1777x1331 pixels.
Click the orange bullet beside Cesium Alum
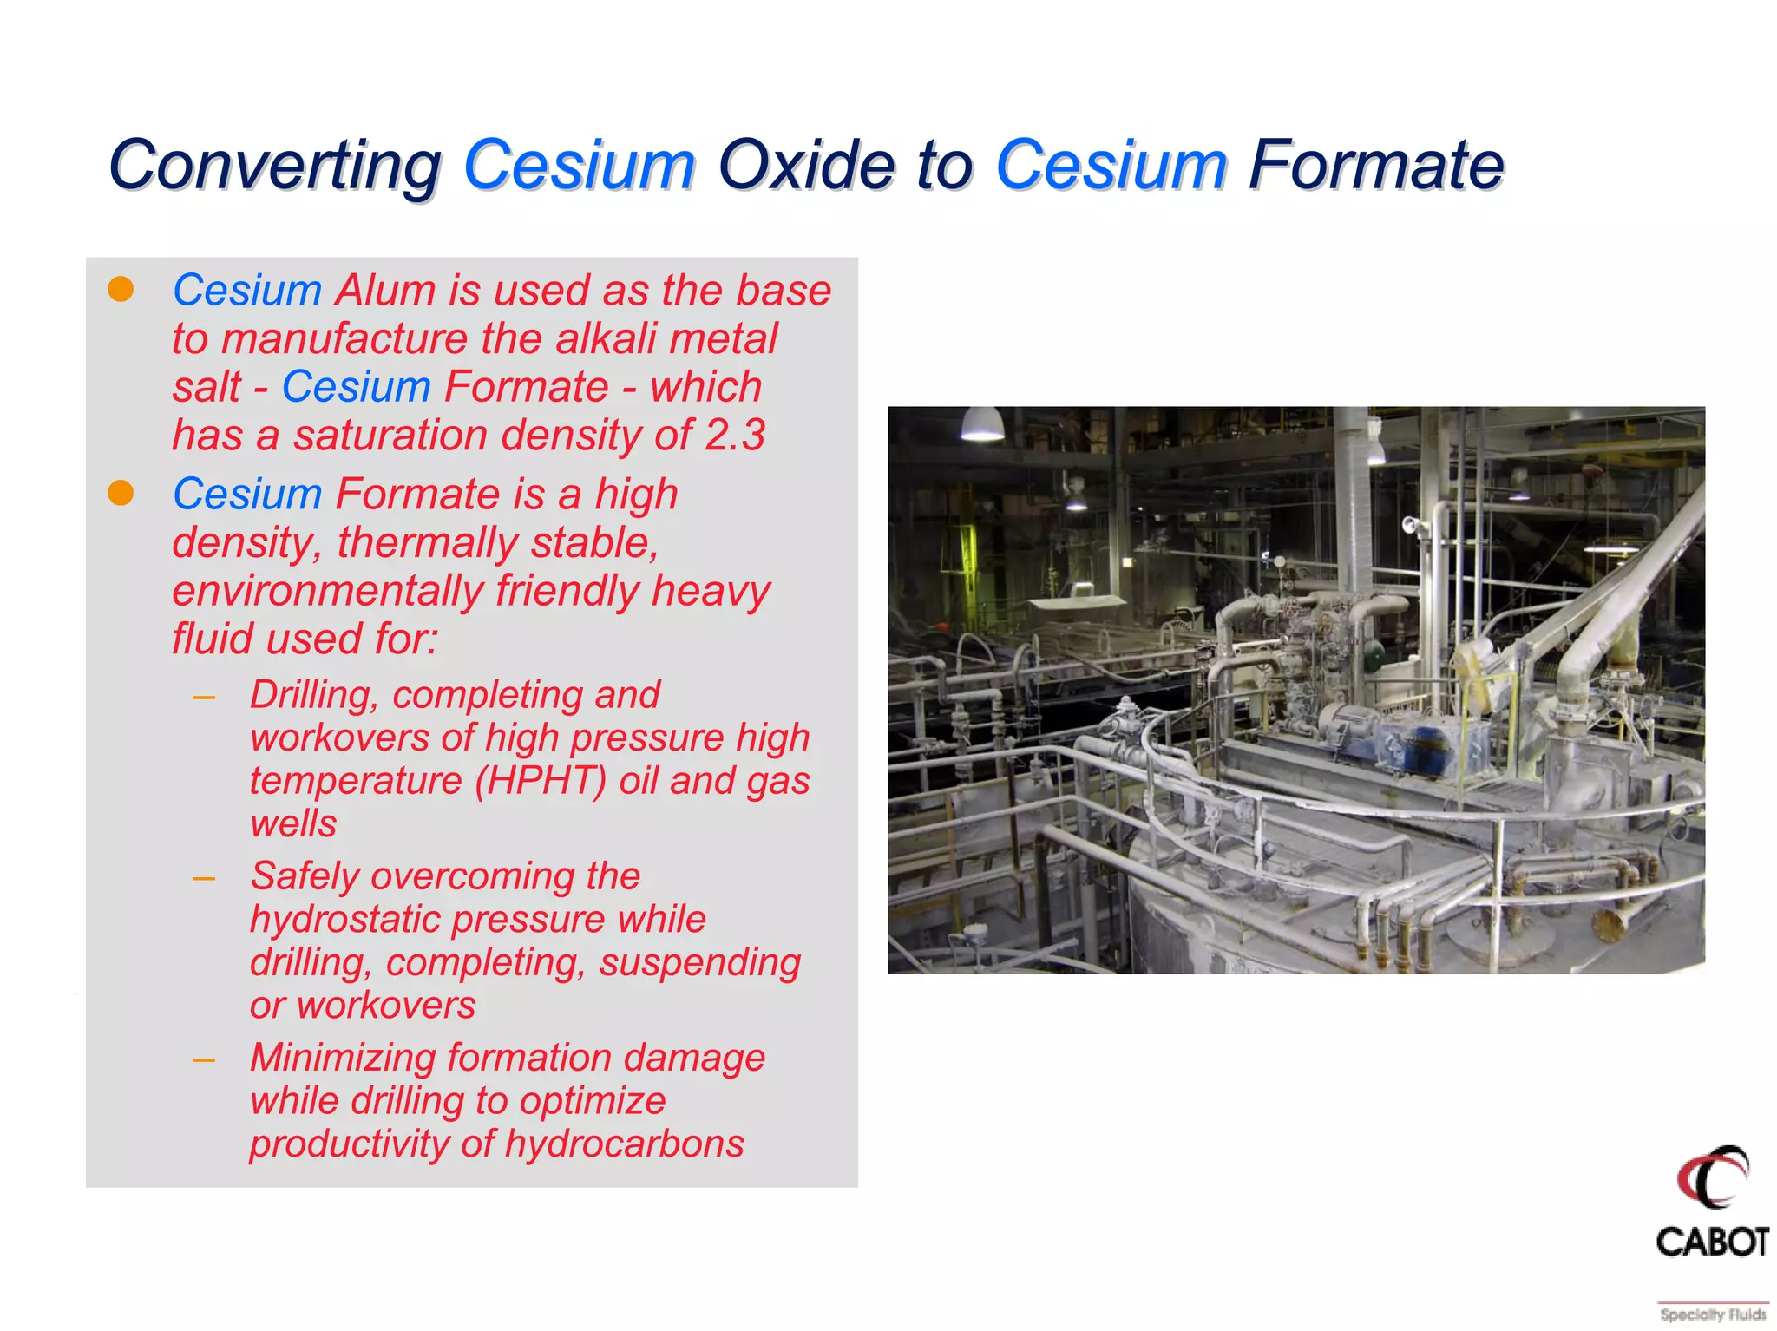click(121, 290)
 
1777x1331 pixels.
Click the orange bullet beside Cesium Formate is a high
click(121, 493)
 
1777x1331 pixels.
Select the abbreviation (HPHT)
click(540, 780)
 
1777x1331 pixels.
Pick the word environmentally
click(327, 591)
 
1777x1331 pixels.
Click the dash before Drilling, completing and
click(204, 697)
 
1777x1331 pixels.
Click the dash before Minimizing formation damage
click(204, 1059)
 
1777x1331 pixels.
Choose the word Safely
click(304, 875)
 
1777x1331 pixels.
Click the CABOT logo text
click(1711, 1242)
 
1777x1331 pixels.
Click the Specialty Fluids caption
click(1712, 1315)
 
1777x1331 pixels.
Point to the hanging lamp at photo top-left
click(982, 424)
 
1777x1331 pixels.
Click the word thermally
click(427, 543)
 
